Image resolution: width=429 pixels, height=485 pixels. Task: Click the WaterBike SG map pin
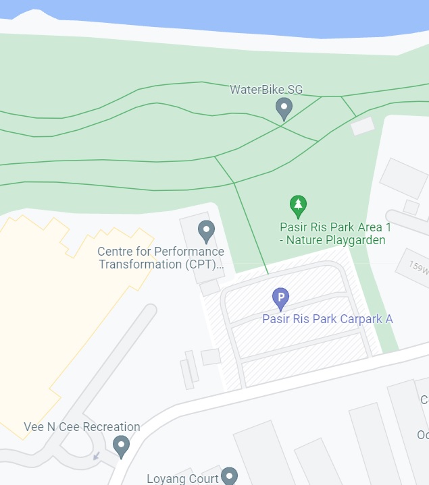coord(284,108)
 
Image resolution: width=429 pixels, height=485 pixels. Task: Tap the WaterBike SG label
coord(266,90)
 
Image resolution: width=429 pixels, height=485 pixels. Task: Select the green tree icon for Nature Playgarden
coord(298,204)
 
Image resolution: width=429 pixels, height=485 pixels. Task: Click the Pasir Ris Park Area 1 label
coord(335,227)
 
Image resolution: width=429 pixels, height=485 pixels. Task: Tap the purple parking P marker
coord(280,297)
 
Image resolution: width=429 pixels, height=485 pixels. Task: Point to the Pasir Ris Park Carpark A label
coord(327,319)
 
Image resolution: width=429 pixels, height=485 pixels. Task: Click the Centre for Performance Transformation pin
coord(206,231)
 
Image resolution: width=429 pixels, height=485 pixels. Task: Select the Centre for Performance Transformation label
coord(161,258)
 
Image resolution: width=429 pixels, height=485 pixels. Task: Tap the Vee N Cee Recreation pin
coord(122,445)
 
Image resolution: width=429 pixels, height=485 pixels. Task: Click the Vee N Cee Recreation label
coord(82,427)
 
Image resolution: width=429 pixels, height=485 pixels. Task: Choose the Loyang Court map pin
coord(230,476)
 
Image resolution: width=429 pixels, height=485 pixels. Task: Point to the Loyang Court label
coord(183,478)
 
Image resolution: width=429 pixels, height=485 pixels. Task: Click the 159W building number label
coord(419,267)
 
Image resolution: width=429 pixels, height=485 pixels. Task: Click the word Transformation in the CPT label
coord(140,264)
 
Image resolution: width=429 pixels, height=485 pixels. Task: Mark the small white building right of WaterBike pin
coord(362,125)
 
